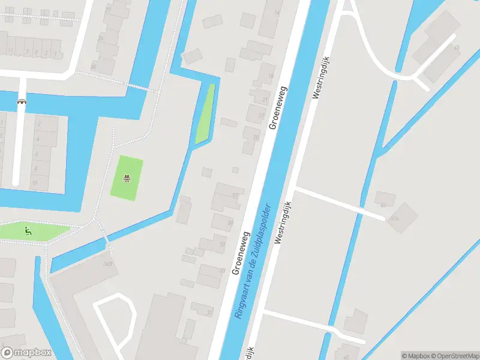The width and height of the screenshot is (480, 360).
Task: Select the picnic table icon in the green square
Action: click(x=127, y=178)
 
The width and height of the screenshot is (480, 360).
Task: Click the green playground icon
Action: click(x=26, y=230)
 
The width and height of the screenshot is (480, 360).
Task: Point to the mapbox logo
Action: click(x=26, y=353)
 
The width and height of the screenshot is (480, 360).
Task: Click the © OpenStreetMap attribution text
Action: click(x=454, y=356)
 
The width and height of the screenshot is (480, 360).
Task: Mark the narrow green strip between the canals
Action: click(x=205, y=115)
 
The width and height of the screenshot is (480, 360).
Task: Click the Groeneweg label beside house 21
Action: click(x=278, y=107)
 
